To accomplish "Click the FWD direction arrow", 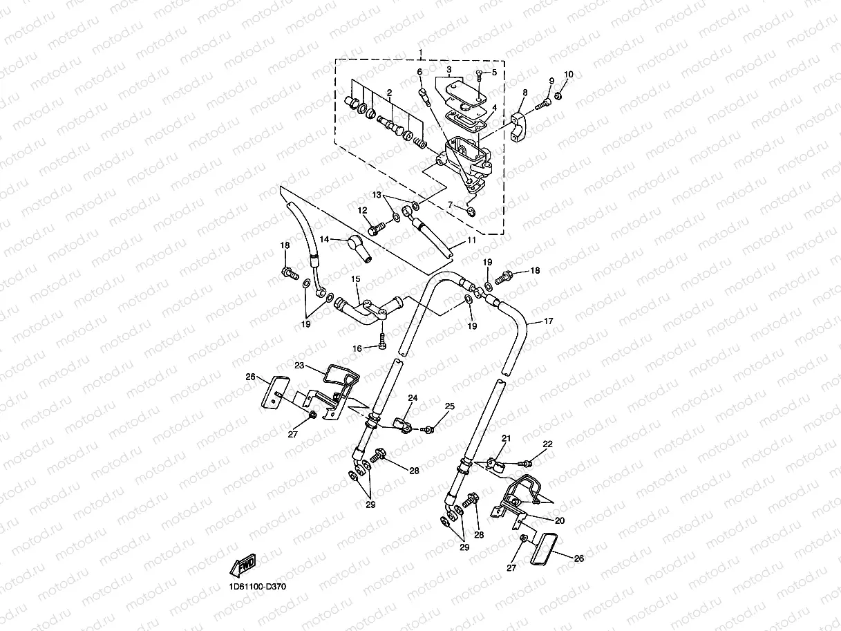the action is (x=243, y=565).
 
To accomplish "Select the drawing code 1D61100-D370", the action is (x=258, y=587).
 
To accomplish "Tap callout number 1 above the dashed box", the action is (x=421, y=52).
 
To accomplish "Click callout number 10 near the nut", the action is (x=569, y=75).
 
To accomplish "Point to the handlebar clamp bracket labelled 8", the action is (x=520, y=126).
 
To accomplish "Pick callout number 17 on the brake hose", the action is (x=548, y=321).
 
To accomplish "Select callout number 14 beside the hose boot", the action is (x=324, y=239).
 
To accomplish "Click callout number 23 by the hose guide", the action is (x=299, y=366).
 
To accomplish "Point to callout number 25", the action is (x=449, y=406).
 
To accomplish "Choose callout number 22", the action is (x=547, y=444).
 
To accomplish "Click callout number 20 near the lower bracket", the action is (x=559, y=520).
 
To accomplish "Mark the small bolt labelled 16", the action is (x=381, y=341).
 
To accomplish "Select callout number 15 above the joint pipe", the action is (x=356, y=279).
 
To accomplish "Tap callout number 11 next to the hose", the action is (x=472, y=240).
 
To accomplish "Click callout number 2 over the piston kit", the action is (x=389, y=93).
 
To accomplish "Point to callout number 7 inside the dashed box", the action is (x=451, y=205).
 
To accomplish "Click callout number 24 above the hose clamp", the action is (x=413, y=398).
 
